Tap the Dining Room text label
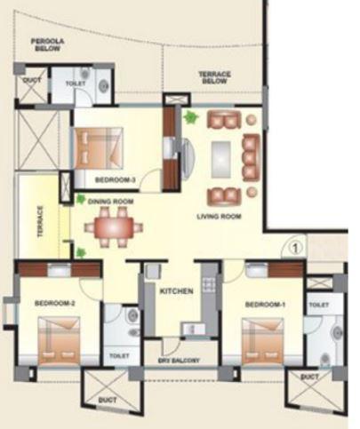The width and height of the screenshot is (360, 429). point(110,202)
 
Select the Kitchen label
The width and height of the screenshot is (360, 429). point(176,290)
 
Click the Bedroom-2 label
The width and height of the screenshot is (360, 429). point(55,303)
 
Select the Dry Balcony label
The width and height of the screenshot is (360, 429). point(180,361)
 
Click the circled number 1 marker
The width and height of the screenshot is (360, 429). point(295,238)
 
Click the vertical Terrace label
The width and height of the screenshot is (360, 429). point(40,223)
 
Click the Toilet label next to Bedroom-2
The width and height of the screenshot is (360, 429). point(120,355)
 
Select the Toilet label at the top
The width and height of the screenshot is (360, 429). point(76,82)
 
